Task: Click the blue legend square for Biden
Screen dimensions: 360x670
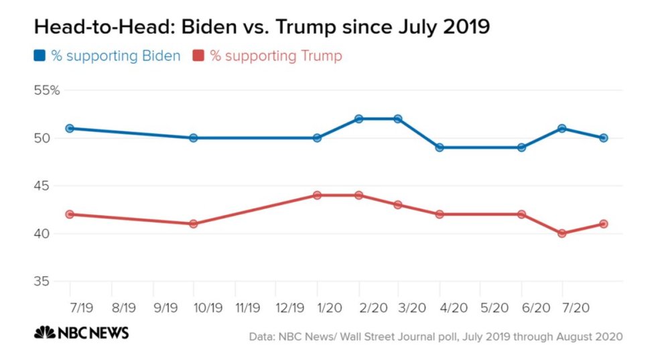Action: [x=40, y=56]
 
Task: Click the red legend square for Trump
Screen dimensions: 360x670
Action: [x=198, y=56]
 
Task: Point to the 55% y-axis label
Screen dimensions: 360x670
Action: [x=47, y=91]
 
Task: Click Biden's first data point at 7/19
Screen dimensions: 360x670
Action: [x=70, y=128]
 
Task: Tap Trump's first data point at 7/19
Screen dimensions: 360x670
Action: [x=70, y=215]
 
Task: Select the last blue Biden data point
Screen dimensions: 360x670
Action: [x=603, y=138]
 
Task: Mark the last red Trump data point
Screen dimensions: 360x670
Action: [x=603, y=224]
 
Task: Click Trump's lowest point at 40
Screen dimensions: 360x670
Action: [x=561, y=233]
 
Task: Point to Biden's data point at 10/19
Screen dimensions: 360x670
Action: [x=193, y=138]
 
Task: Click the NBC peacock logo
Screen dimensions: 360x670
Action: [x=45, y=333]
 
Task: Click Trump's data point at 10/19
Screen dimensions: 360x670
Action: [x=193, y=224]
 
